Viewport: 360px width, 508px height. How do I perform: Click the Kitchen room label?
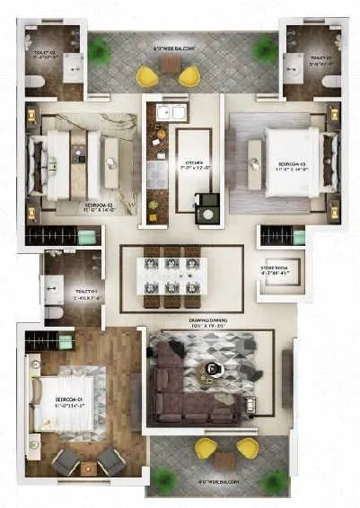click(194, 163)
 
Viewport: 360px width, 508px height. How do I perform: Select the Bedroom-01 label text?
click(70, 399)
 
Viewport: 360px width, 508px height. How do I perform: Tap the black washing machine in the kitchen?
click(207, 207)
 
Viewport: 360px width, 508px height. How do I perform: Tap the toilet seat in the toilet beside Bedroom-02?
click(33, 82)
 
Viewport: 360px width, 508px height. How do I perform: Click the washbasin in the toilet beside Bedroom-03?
click(293, 64)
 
